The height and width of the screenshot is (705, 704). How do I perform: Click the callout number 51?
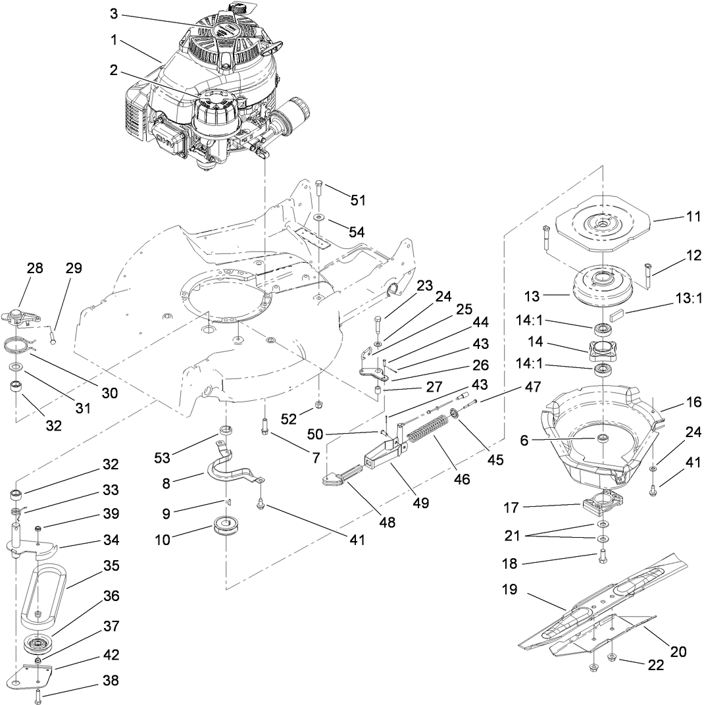pyautogui.click(x=358, y=199)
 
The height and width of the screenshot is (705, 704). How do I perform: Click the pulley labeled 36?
pyautogui.click(x=40, y=642)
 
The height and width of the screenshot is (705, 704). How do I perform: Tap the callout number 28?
pyautogui.click(x=35, y=268)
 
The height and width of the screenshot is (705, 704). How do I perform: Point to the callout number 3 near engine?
pyautogui.click(x=114, y=13)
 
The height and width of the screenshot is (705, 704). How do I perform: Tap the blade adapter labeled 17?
pyautogui.click(x=601, y=506)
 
